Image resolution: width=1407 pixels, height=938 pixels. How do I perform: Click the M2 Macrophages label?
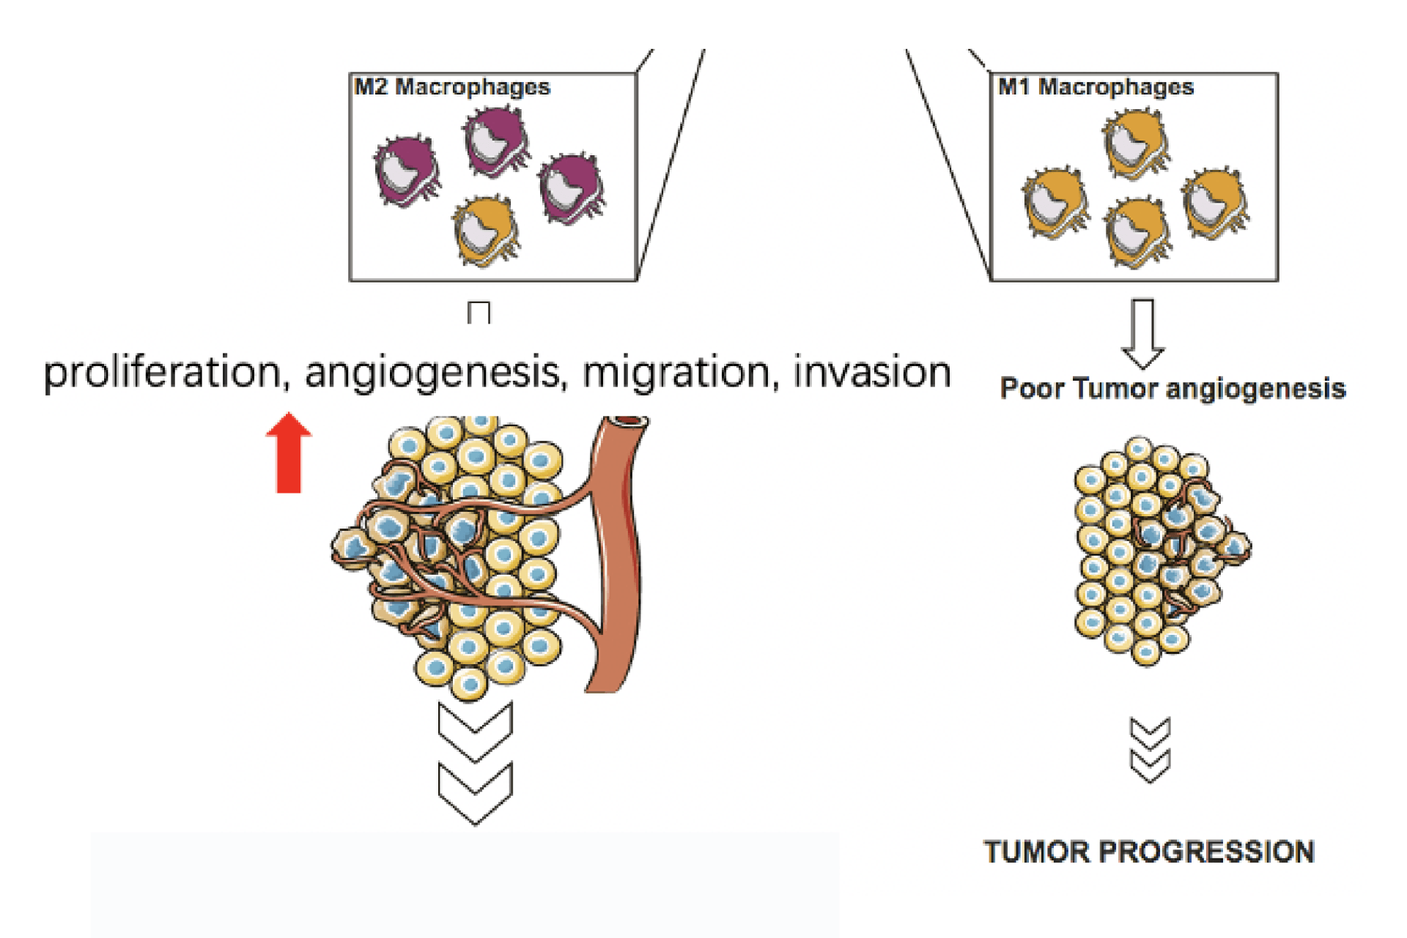[x=451, y=87]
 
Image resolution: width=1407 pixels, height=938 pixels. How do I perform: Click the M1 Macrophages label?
[x=1096, y=87]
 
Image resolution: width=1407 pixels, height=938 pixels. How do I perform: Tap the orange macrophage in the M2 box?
[x=485, y=230]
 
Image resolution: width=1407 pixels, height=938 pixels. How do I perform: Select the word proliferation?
[x=162, y=373]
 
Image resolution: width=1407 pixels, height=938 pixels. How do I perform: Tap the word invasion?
[x=872, y=371]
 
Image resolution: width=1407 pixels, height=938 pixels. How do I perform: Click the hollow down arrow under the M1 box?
[x=1142, y=332]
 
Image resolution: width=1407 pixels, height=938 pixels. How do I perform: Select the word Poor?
[x=1032, y=389]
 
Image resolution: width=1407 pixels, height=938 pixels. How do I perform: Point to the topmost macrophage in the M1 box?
[x=1135, y=142]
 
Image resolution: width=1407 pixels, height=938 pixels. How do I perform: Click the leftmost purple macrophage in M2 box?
[x=406, y=170]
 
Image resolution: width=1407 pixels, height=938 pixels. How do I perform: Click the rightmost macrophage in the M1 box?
[x=1214, y=203]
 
